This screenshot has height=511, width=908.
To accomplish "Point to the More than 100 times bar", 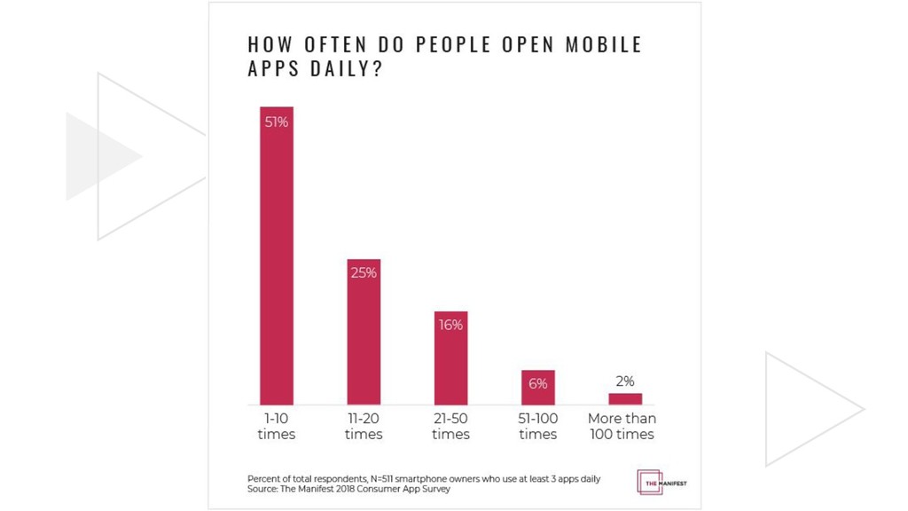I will (x=624, y=398).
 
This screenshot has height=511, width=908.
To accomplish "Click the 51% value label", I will (x=277, y=122).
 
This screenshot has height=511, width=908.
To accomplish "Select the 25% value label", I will (x=364, y=273).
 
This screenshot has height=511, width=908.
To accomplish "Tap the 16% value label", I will (x=450, y=325).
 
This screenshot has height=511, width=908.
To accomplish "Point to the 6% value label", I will (x=537, y=384).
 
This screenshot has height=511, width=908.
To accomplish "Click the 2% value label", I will (x=624, y=381).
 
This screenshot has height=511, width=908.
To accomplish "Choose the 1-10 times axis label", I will (x=276, y=426).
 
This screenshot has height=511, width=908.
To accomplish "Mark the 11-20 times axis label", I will (x=364, y=426).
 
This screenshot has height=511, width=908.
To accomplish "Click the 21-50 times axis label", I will (x=450, y=426).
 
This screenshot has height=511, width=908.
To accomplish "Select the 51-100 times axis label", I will (x=537, y=426).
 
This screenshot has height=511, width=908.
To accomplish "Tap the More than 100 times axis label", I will (x=622, y=426).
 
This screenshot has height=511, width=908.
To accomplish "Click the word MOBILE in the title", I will (x=604, y=44).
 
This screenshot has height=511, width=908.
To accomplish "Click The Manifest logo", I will (x=661, y=482).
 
